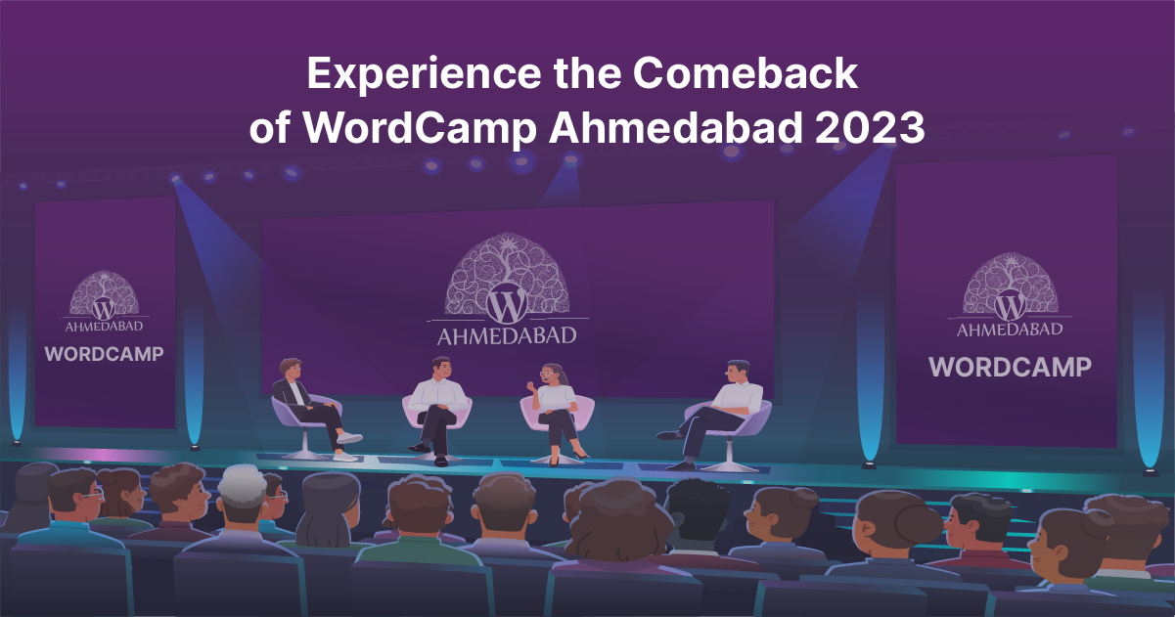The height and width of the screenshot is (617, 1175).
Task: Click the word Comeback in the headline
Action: coord(745,73)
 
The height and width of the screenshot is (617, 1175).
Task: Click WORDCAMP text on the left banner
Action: coord(104,354)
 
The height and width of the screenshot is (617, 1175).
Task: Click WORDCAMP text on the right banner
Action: coord(1010,367)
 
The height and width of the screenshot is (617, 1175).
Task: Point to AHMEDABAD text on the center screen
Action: coord(507,336)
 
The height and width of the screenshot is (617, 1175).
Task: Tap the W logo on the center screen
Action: coord(507,304)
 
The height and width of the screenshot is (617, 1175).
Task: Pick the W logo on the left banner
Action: coord(104,308)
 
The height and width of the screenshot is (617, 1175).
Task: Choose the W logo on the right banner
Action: coord(1010,306)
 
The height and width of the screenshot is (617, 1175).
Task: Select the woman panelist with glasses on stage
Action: coord(555,412)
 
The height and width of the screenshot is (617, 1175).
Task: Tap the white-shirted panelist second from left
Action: coord(437,409)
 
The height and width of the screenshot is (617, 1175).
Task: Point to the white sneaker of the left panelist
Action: coord(349,438)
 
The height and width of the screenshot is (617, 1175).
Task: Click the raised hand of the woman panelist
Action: coord(531,386)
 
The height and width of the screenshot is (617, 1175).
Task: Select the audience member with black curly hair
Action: coord(697,511)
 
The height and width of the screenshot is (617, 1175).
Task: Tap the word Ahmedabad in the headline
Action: coord(676,128)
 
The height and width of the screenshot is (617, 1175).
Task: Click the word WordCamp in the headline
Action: coord(420,129)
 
